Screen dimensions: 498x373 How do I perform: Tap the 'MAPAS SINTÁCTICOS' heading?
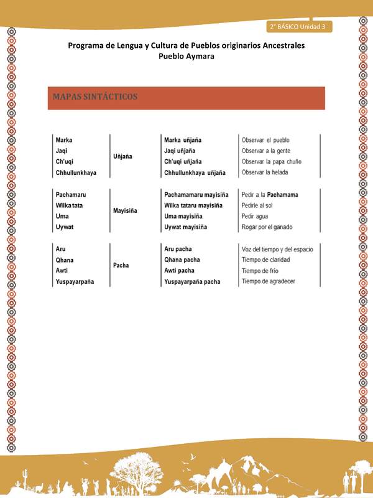[95, 97]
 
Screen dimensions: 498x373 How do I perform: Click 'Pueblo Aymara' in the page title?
[186, 56]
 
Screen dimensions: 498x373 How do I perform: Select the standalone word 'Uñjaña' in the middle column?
[122, 156]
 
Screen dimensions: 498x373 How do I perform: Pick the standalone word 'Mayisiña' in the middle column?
[125, 210]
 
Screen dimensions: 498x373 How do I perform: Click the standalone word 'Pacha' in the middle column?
[121, 265]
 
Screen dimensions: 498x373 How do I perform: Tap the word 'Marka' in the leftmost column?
[64, 139]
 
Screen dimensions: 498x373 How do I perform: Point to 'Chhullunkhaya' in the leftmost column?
[76, 172]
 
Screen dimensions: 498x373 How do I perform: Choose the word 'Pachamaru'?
[70, 194]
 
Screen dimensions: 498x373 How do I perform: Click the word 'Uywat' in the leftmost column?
[64, 227]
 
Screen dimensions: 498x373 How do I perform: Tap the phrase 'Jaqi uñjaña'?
[180, 151]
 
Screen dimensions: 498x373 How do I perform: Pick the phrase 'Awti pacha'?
[179, 271]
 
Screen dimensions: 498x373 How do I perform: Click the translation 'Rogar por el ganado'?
[267, 227]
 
